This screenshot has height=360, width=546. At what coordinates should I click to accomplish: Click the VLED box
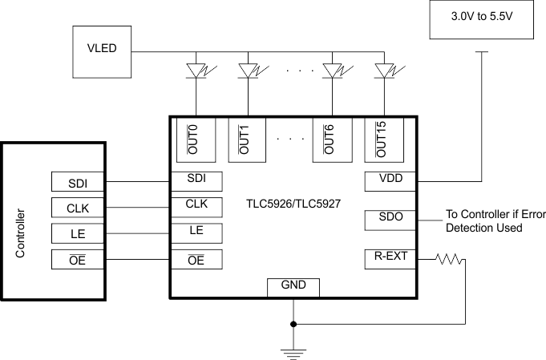pos(102,48)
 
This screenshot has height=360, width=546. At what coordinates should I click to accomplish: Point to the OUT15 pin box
pos(383,139)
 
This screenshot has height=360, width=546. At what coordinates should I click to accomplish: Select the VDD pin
pos(390,181)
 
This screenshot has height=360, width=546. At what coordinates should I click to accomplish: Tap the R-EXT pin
pos(390,258)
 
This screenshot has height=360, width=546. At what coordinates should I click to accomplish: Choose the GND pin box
pos(293,286)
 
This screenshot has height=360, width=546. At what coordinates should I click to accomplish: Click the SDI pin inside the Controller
pos(78,182)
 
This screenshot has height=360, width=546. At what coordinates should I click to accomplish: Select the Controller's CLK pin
pos(78,208)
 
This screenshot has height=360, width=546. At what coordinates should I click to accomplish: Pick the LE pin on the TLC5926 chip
pos(196,233)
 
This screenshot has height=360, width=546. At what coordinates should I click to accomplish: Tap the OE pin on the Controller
pos(78,259)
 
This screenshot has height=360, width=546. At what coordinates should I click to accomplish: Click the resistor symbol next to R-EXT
pos(450,259)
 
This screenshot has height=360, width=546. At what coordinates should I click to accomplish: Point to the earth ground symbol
pos(293,346)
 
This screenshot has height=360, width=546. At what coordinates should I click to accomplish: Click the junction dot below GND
pos(293,324)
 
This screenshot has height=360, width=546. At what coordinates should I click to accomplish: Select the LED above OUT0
pos(196,71)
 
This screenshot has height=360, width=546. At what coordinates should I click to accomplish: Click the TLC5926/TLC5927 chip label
pos(293,204)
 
